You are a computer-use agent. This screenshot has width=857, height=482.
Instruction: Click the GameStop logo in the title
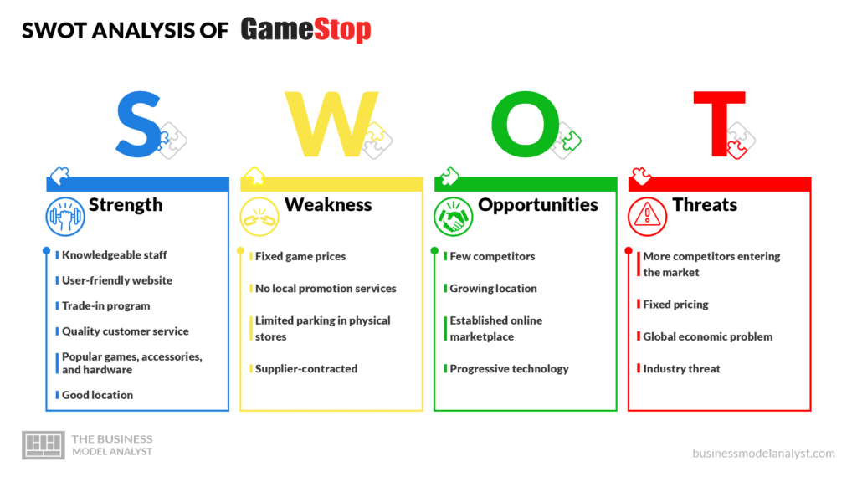305,29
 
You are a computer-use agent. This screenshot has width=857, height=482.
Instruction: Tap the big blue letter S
138,125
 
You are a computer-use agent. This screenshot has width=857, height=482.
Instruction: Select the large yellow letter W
331,124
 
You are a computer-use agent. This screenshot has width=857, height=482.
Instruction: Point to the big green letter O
526,125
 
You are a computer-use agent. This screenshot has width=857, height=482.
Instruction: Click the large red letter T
719,124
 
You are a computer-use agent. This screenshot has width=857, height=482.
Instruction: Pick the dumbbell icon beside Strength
65,217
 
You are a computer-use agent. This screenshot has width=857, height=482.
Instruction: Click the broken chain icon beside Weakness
259,217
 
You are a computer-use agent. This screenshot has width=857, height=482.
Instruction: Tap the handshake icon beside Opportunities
453,217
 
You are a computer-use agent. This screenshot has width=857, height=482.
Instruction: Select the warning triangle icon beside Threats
647,217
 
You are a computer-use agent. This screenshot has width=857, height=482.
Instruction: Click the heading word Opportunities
538,205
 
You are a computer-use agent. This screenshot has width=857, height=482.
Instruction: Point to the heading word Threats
705,205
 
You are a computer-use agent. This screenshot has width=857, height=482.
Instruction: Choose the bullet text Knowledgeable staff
114,255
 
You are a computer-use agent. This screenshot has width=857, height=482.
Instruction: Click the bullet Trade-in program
106,306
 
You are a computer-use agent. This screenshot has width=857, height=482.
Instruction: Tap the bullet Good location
97,395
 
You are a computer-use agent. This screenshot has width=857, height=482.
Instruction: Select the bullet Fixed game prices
300,256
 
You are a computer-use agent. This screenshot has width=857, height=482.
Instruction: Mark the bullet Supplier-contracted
306,369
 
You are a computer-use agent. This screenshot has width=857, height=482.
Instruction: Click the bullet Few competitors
492,256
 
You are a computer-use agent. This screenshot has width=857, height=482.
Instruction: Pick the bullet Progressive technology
510,369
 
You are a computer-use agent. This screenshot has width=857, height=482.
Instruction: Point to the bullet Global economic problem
708,336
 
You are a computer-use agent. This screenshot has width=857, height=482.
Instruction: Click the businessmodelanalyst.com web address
763,453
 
